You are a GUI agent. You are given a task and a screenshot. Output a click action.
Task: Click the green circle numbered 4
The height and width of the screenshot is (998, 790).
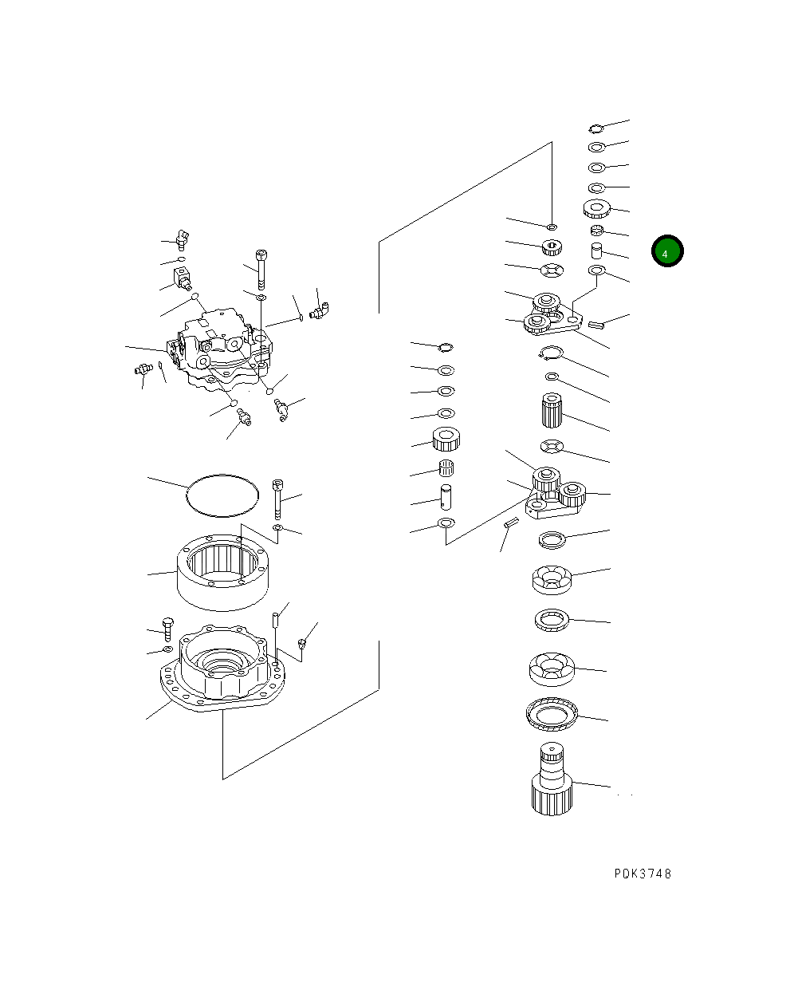point(666,251)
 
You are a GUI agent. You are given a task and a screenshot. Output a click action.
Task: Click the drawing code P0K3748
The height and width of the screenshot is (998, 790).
point(643,874)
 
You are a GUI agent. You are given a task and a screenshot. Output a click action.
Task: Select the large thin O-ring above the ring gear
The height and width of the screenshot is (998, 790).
point(222,496)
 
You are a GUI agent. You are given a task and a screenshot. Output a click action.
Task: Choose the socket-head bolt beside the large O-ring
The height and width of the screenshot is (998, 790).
point(277,498)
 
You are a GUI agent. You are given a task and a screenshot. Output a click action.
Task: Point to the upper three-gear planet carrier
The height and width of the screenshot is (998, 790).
point(548,315)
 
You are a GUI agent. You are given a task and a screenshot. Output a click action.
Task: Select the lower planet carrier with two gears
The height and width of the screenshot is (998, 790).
point(554,493)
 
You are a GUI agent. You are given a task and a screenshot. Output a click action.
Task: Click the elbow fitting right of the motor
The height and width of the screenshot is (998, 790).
point(320,306)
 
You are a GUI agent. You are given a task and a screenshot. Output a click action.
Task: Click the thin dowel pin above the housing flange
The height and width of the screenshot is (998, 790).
point(274,621)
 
